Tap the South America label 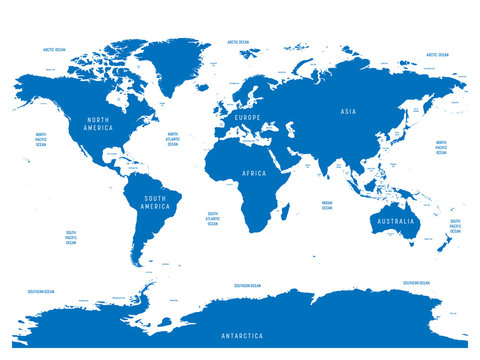[x=155, y=202]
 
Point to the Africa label [x=253, y=173]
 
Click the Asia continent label [x=348, y=112]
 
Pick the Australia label [x=394, y=220]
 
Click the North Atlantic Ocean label [x=172, y=139]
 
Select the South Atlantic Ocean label [x=212, y=218]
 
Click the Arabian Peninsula [x=293, y=161]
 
